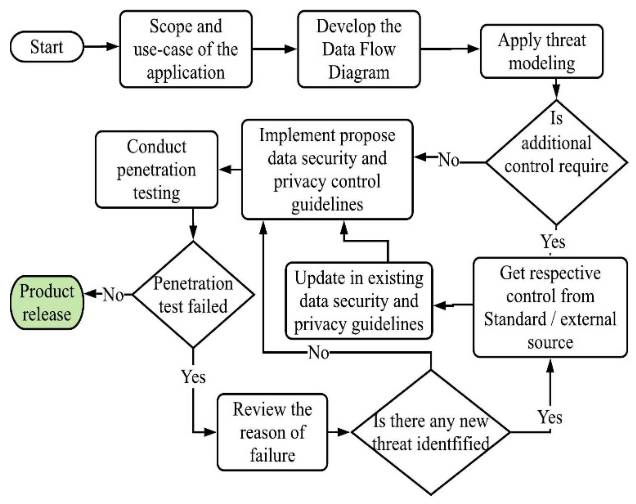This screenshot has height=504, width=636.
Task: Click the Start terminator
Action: (x=47, y=47)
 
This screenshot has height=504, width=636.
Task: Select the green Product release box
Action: (x=47, y=302)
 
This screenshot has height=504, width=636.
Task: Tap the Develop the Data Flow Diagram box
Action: (x=359, y=49)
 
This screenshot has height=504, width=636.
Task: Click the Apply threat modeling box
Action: (x=542, y=51)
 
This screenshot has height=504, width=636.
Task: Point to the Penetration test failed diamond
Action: (x=193, y=294)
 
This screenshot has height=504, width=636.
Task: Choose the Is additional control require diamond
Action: (x=556, y=162)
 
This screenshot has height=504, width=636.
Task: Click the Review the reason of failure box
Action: (x=272, y=432)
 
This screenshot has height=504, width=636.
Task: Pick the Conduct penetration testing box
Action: (x=156, y=169)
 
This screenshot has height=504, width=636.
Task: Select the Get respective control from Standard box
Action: (x=550, y=307)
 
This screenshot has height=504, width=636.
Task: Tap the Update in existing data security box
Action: (x=359, y=301)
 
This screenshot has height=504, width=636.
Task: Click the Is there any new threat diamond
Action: (x=431, y=432)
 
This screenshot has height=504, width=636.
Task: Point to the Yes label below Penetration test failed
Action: (x=193, y=377)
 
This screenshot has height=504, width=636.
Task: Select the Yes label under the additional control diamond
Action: (x=553, y=241)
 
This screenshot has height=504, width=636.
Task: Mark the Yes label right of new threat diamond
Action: (x=550, y=417)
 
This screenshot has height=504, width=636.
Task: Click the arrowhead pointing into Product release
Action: (x=90, y=294)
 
